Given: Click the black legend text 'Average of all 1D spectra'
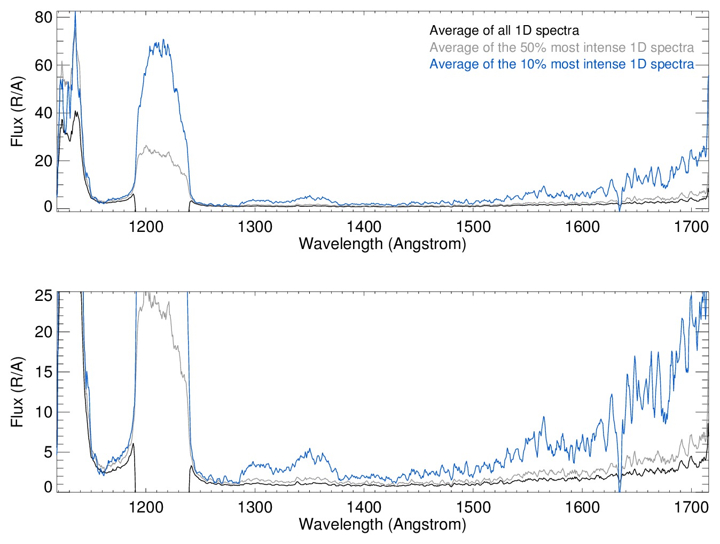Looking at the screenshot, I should click(504, 30).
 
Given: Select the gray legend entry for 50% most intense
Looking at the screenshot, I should click(561, 48).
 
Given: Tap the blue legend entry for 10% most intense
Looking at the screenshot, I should click(561, 64).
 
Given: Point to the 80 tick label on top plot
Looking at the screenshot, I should click(43, 17).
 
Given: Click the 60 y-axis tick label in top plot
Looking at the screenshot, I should click(43, 65).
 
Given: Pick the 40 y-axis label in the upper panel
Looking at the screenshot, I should click(43, 113).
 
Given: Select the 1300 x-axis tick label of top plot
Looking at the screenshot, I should click(255, 227).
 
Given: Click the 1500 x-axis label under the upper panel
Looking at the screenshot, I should click(473, 227).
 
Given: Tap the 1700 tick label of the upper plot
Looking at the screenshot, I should click(691, 227).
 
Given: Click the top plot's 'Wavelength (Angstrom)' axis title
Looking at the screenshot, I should click(382, 244).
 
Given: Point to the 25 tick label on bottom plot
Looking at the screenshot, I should click(43, 296).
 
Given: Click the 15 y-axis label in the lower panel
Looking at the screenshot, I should click(43, 372).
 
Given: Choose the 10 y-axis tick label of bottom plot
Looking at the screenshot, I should click(43, 412).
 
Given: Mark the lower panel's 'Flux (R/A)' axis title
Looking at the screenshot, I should click(18, 392).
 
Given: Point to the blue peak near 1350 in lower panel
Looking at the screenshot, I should click(309, 449).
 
